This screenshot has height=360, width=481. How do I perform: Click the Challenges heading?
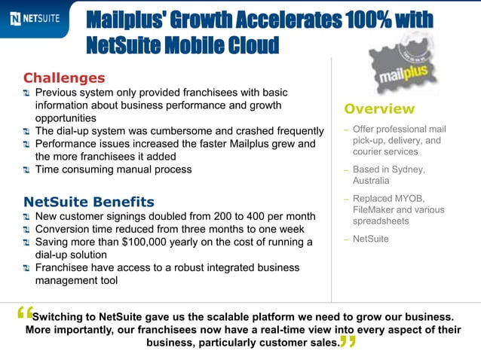(x=64, y=78)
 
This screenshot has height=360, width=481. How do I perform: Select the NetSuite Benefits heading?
(x=89, y=202)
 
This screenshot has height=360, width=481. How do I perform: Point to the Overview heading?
(x=379, y=109)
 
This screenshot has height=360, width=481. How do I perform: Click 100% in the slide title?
(x=364, y=20)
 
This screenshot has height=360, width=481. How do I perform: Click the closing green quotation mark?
(x=347, y=343)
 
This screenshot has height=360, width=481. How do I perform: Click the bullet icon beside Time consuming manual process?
(x=27, y=169)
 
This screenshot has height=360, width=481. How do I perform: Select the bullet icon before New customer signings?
(x=27, y=216)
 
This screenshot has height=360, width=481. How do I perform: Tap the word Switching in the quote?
(x=63, y=316)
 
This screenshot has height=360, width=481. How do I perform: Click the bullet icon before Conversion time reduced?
(x=27, y=229)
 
